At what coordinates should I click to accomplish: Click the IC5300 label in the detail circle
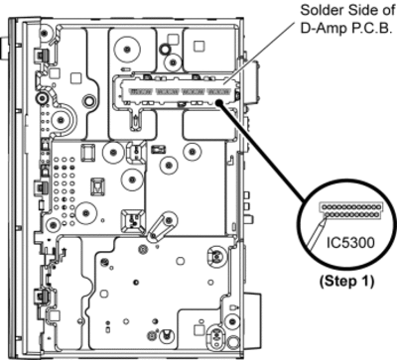tap(350, 243)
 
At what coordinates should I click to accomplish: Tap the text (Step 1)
tap(346, 282)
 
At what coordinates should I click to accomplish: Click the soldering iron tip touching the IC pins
tap(324, 221)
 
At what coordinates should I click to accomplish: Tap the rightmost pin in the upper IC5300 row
tap(375, 207)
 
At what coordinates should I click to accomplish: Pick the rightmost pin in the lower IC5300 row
tap(375, 215)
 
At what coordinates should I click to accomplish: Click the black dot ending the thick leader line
tap(219, 103)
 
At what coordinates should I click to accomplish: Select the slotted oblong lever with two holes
tap(160, 227)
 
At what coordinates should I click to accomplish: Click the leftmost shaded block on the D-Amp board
tap(141, 91)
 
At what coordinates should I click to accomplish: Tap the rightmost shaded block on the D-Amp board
tap(218, 91)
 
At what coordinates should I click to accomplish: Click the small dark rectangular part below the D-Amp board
tap(158, 150)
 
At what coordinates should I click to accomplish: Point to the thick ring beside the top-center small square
tap(165, 50)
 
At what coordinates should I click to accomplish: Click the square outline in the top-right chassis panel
tap(198, 46)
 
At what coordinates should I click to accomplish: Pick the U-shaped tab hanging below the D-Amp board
tap(136, 121)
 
